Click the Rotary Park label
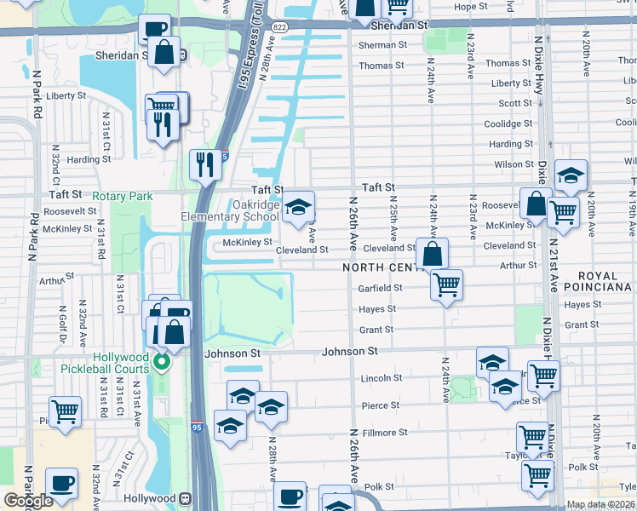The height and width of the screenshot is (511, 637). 123,196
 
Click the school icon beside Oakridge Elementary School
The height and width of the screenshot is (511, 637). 297,207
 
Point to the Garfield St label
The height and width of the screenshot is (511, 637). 381,288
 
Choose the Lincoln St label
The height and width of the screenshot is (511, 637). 381,378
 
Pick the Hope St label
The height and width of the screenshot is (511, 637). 470,7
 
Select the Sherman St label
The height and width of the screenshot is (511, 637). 377,45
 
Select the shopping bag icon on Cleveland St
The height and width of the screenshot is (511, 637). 433,253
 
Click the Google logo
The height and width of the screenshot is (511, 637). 29,501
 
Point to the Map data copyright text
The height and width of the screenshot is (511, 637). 601,505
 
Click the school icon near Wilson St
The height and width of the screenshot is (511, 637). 571,175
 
